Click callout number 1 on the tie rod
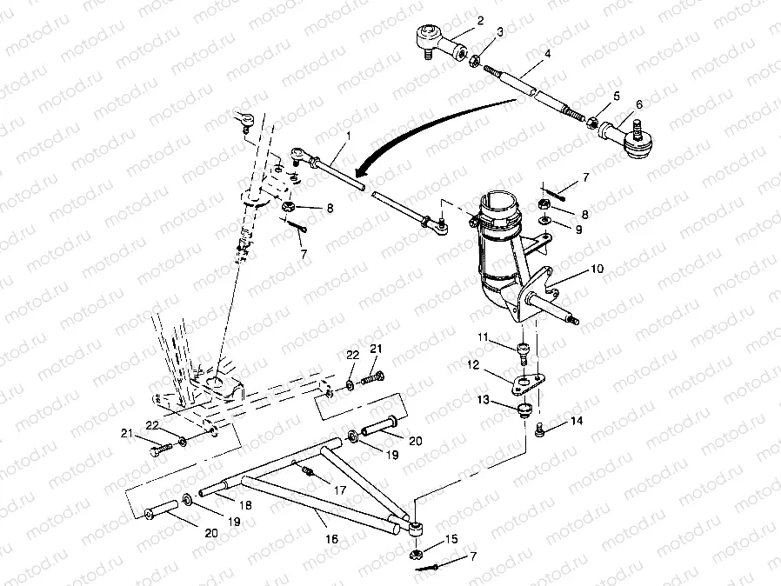coord(349,136)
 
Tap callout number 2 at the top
coord(480,20)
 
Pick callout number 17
coord(340,490)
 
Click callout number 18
coord(245,505)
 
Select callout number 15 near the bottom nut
coord(451,539)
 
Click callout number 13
coord(484,400)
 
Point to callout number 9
coord(578,230)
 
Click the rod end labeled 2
coord(440,41)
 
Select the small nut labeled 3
coord(475,61)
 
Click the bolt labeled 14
coord(540,430)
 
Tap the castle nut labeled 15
coord(415,554)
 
